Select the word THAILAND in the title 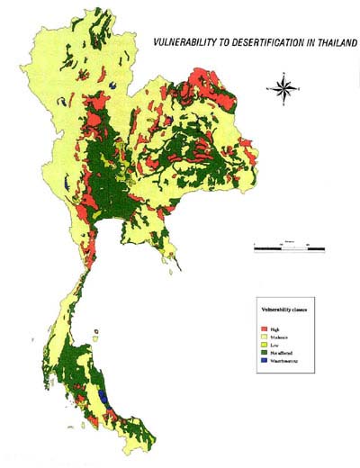click(331, 42)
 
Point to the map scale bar click(289, 246)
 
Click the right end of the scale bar click(324, 246)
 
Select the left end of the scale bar click(255, 246)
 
